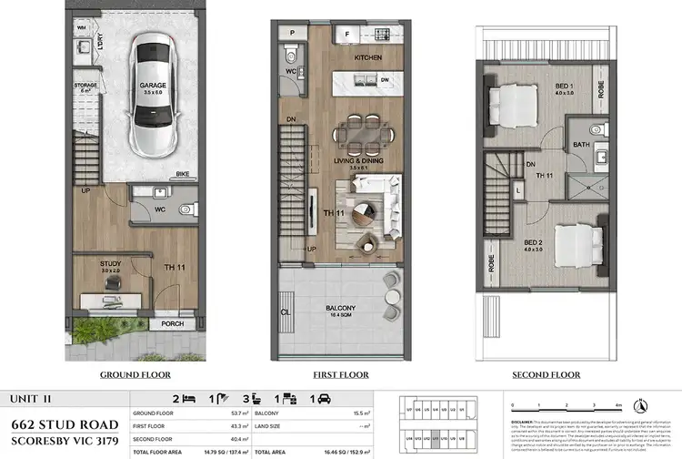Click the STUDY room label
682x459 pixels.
(111, 263)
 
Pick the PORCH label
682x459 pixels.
(172, 323)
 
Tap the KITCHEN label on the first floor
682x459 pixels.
(366, 57)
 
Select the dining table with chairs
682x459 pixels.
(366, 134)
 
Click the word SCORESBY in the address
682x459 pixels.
(42, 442)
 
